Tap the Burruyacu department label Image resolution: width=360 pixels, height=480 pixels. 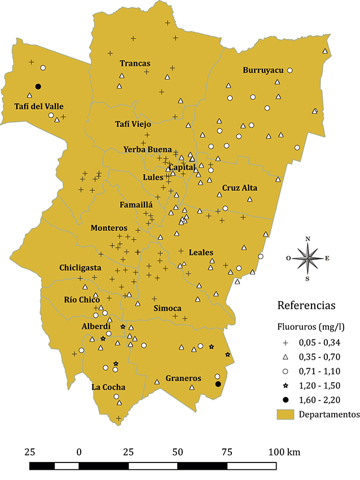pyautogui.click(x=262, y=71)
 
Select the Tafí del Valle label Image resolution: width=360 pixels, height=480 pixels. pyautogui.click(x=38, y=106)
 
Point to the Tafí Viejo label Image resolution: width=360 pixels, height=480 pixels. pyautogui.click(x=137, y=124)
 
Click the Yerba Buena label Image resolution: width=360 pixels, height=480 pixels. pyautogui.click(x=148, y=150)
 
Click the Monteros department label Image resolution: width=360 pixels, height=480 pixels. pyautogui.click(x=109, y=228)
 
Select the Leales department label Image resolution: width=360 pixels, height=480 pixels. pyautogui.click(x=201, y=252)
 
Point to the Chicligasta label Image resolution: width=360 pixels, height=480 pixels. pyautogui.click(x=80, y=268)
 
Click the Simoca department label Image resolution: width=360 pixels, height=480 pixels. pyautogui.click(x=168, y=308)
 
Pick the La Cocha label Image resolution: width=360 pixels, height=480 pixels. pyautogui.click(x=108, y=387)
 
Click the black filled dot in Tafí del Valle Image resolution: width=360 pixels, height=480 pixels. pyautogui.click(x=38, y=86)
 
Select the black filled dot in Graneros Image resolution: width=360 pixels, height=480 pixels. pyautogui.click(x=218, y=384)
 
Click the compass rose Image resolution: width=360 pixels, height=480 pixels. pyautogui.click(x=308, y=258)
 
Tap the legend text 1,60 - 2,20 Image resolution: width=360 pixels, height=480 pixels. pyautogui.click(x=322, y=400)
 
